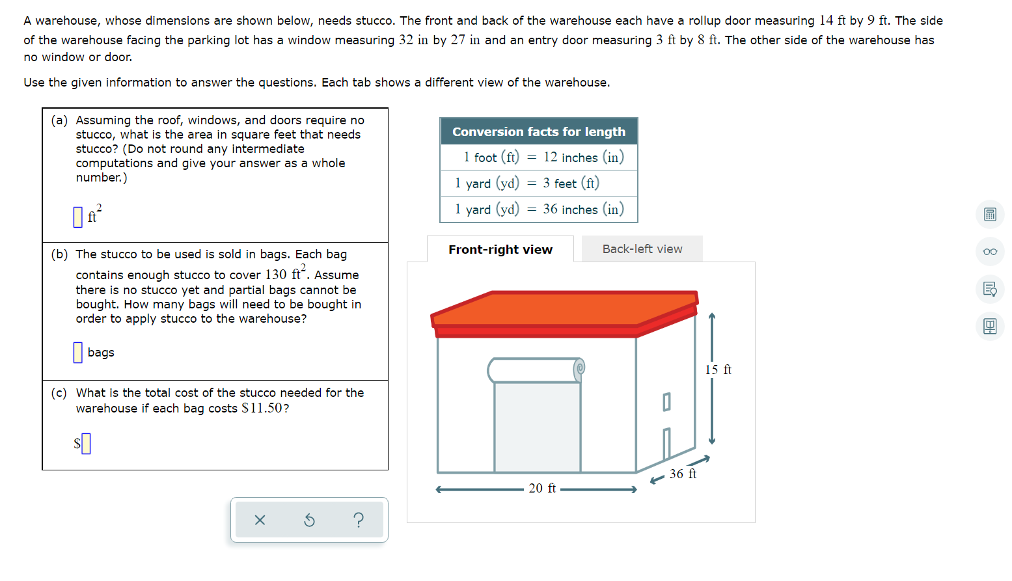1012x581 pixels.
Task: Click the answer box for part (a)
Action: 78,217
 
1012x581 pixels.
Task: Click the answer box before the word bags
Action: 78,352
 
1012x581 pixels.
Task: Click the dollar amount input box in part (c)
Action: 86,444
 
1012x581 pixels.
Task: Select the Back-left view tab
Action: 642,249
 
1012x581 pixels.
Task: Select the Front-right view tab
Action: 500,249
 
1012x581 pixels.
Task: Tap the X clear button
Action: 260,520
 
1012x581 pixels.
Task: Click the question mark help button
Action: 359,520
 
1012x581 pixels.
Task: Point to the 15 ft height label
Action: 718,370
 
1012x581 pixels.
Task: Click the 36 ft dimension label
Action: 683,474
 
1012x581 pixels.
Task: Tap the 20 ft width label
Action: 541,489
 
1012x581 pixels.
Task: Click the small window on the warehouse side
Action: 666,401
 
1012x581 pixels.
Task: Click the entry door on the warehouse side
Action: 666,444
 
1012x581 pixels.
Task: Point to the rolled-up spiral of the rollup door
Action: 579,369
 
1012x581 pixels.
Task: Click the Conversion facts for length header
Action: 538,131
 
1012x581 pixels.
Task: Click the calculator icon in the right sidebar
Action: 989,215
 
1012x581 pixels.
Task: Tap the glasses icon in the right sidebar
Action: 989,252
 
